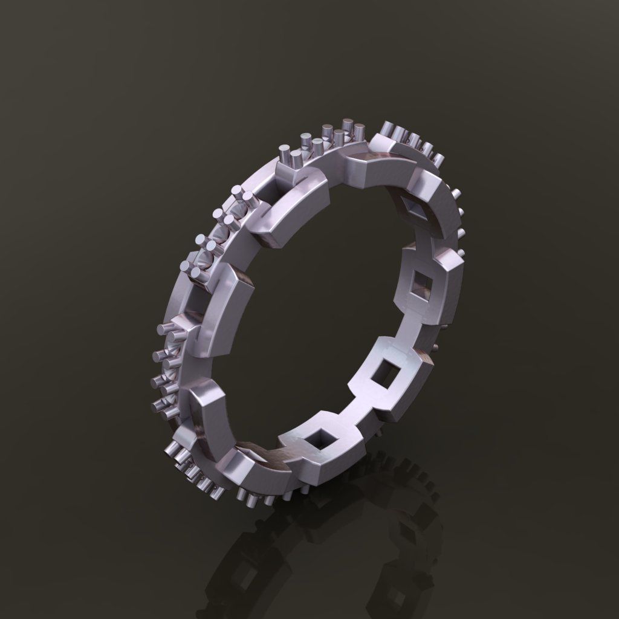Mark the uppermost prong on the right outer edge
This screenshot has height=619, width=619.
coord(458,193)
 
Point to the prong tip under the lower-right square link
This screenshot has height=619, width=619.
coord(379,433)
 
